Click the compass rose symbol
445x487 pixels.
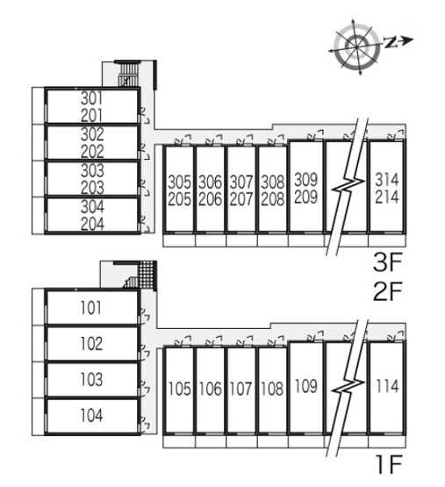357,47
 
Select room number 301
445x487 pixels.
91,98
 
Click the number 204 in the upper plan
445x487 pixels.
92,224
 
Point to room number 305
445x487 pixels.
179,182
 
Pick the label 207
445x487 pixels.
241,199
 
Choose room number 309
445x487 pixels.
306,180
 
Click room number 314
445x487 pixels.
387,180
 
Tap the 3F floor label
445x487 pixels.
388,261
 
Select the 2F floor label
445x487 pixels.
388,291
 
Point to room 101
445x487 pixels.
91,308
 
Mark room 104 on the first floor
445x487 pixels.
91,415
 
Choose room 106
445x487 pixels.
211,389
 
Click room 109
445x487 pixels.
306,386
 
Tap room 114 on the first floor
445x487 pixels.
387,386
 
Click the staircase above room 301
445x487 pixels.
128,74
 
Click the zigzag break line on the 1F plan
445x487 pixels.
347,388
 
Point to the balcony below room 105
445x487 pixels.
179,441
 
